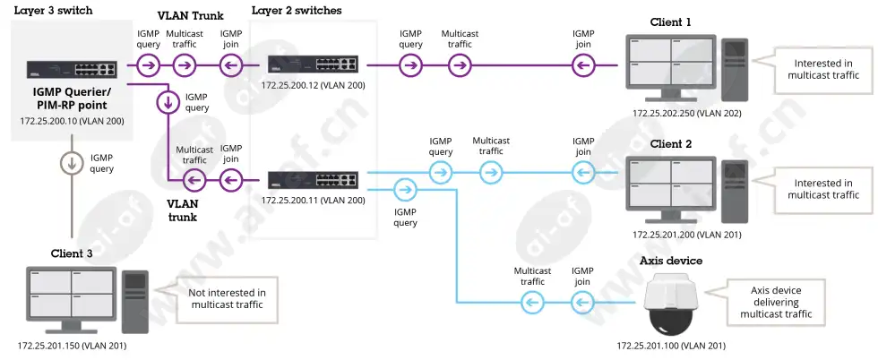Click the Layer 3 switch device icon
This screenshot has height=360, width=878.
[x=72, y=69]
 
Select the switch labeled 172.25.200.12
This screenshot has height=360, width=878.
[x=313, y=64]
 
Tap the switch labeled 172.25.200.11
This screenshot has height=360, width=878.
[x=313, y=180]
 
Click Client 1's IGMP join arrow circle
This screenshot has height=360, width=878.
[x=583, y=66]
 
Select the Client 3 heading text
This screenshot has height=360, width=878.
[x=72, y=253]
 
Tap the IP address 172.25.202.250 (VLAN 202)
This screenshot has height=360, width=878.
[x=687, y=113]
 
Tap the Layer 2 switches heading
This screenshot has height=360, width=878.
[x=297, y=11]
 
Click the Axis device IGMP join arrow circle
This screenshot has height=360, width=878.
[x=583, y=303]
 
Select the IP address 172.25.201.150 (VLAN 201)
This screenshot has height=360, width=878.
[x=72, y=346]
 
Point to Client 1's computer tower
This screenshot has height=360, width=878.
[x=734, y=70]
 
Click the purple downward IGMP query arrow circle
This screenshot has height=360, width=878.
[x=168, y=102]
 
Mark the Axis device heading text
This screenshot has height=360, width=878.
[x=671, y=261]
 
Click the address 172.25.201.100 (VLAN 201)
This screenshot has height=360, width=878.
[x=672, y=346]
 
